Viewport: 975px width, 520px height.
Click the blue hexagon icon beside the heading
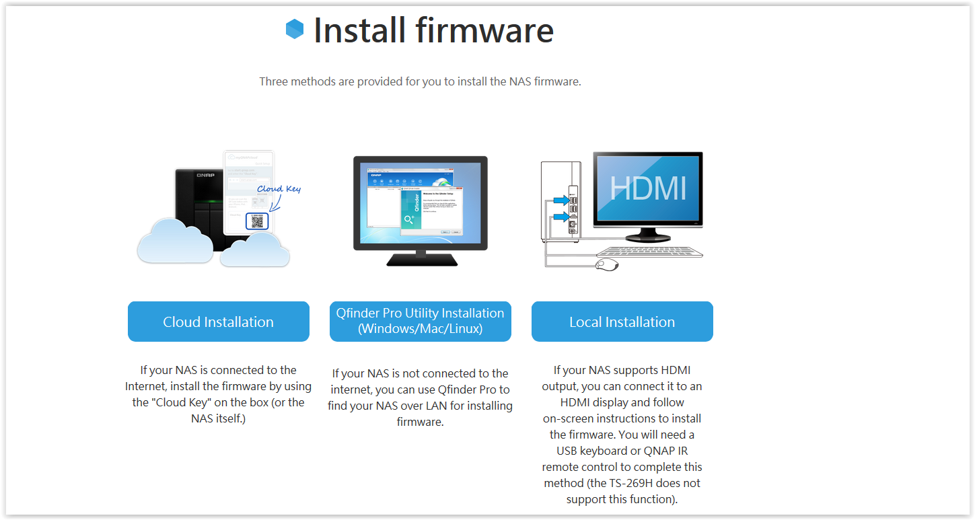(x=295, y=29)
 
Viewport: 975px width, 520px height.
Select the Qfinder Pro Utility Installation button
(x=420, y=322)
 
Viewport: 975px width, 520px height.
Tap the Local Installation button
(x=622, y=322)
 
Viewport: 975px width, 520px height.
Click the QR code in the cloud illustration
(x=256, y=221)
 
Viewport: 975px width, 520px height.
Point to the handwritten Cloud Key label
(x=279, y=189)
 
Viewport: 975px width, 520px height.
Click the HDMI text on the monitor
(x=648, y=188)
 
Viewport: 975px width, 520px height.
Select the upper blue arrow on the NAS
(x=558, y=199)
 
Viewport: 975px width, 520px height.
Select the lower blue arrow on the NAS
(x=558, y=217)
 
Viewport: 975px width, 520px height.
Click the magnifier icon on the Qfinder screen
(x=409, y=219)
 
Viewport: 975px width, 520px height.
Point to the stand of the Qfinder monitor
(x=421, y=257)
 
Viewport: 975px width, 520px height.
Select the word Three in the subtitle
(x=273, y=81)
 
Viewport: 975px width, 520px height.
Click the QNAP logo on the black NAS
(x=205, y=175)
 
